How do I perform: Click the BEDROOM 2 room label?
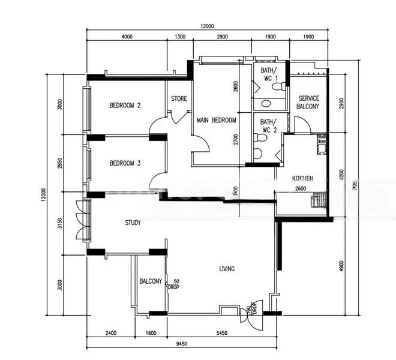[125, 106]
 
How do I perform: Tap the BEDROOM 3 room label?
[125, 163]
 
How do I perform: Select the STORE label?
[179, 99]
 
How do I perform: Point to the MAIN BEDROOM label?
[216, 121]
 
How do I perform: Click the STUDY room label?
[133, 223]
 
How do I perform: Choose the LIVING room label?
[226, 269]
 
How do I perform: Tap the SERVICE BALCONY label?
[308, 102]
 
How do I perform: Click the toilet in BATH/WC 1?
[277, 86]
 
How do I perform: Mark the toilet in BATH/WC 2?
[259, 137]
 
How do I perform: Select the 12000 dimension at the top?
[207, 26]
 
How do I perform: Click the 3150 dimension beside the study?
[60, 223]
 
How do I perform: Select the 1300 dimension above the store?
[179, 37]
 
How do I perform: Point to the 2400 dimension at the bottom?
[110, 334]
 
